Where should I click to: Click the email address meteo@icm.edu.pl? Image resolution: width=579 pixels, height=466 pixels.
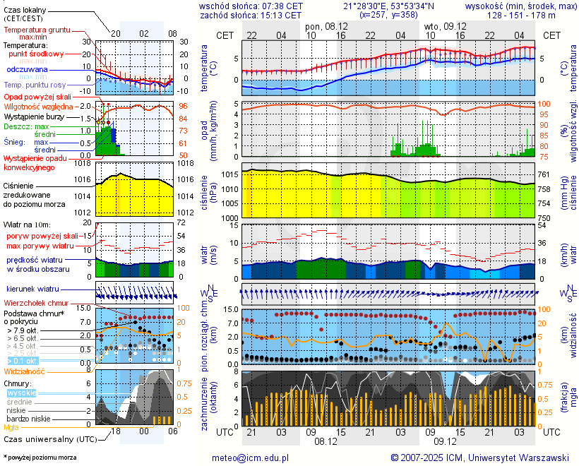point(251,458)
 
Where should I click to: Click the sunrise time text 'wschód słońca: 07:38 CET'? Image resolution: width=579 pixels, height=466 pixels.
point(251,5)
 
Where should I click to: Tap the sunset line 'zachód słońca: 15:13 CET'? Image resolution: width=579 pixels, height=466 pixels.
point(251,14)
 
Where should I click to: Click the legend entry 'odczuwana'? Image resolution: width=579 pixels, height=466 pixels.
point(27,70)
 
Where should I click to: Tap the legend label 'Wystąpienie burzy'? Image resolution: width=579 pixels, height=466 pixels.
point(34,116)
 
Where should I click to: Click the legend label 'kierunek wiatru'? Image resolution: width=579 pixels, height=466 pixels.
point(32,289)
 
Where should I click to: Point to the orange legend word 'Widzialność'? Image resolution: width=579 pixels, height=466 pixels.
point(25,371)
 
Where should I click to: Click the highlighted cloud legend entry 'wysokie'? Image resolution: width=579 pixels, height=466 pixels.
point(21,393)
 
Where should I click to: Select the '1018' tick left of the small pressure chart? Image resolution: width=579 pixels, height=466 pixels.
point(84,163)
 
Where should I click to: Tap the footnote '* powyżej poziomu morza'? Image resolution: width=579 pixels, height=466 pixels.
point(40,458)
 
